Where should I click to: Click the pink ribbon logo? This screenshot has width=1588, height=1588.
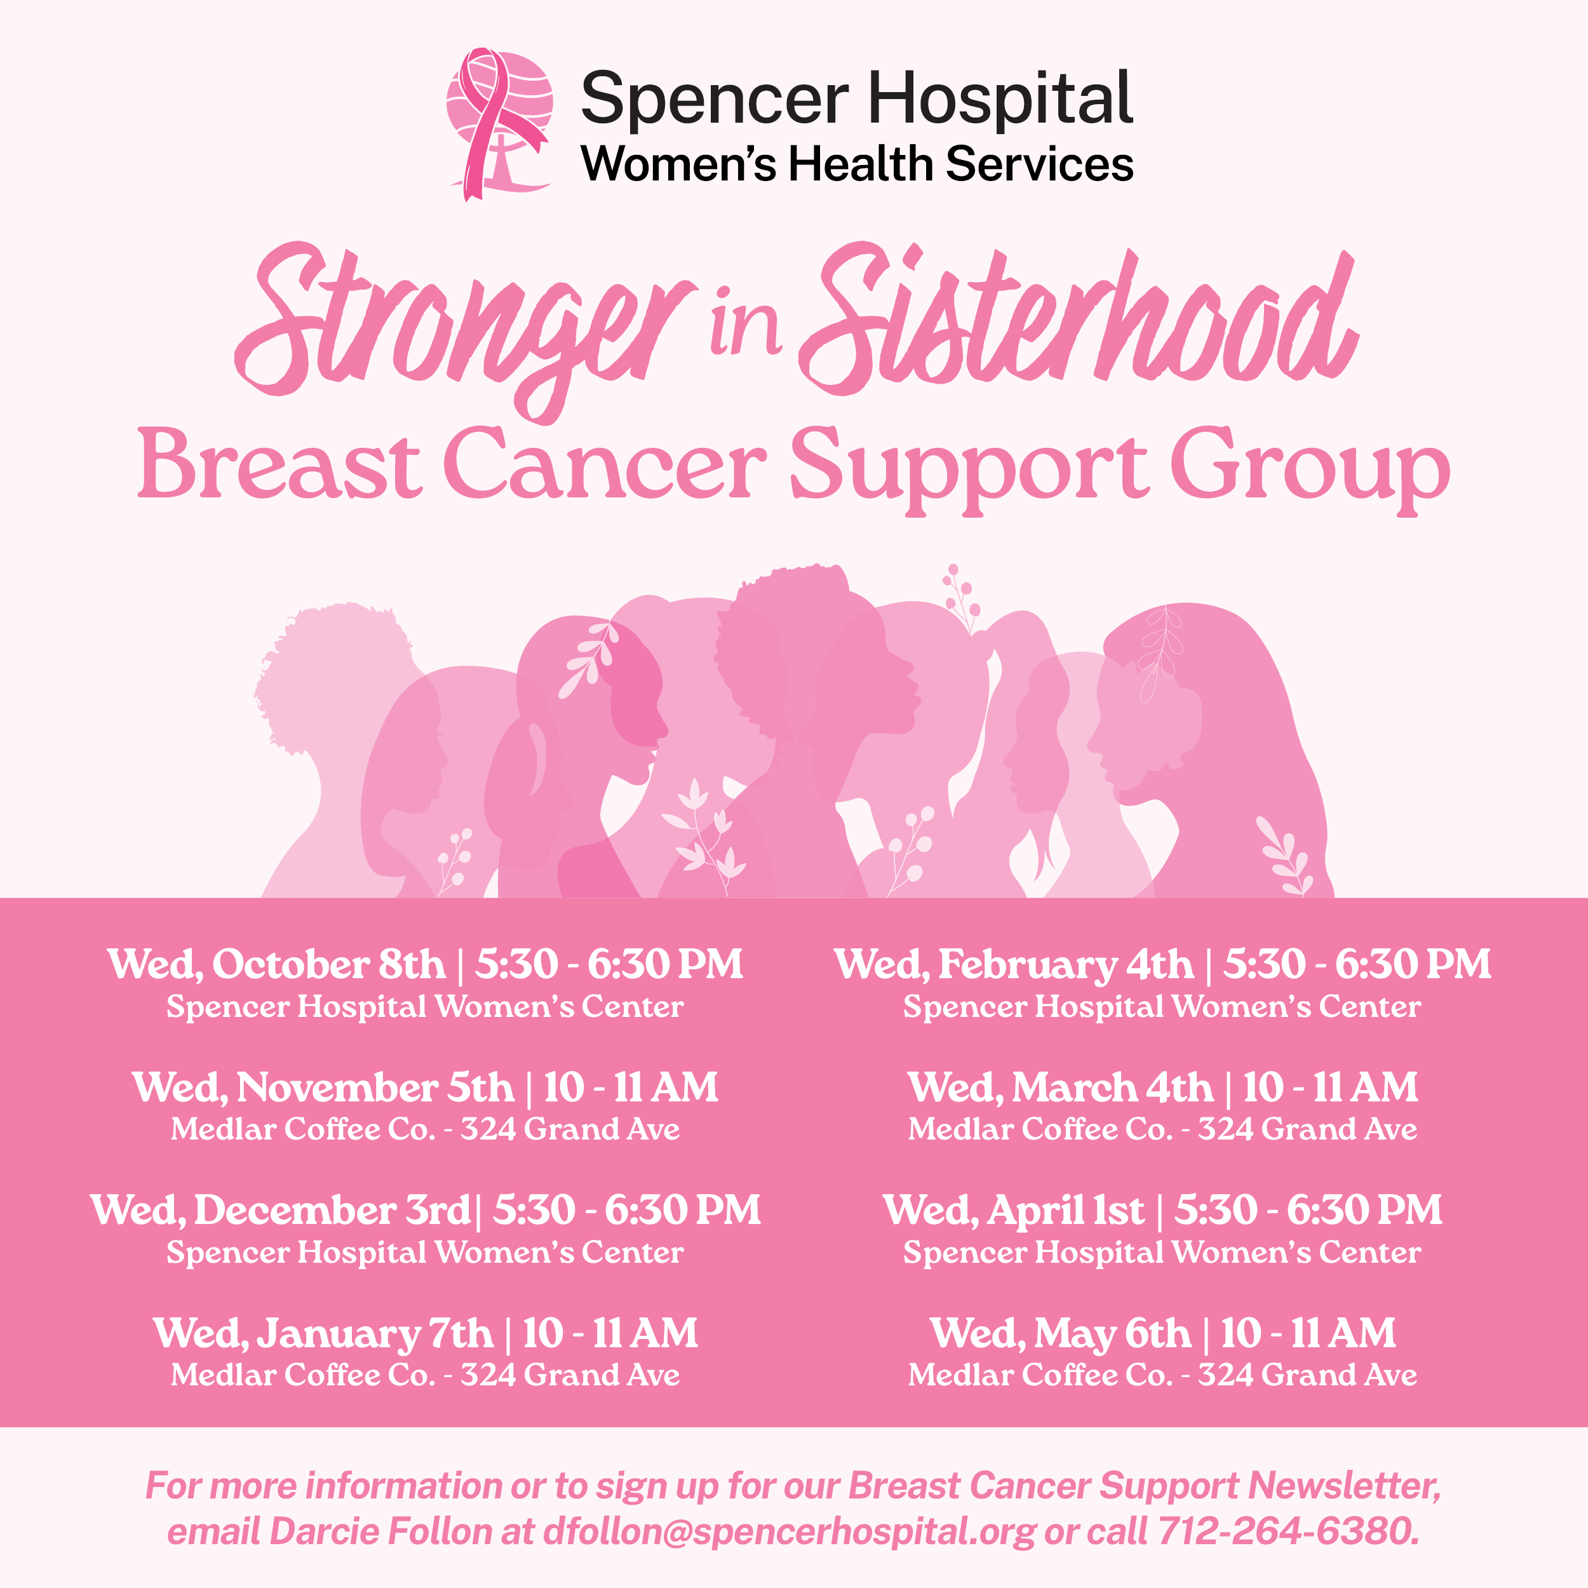(499, 123)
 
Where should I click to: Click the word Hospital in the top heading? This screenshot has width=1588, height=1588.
(1000, 100)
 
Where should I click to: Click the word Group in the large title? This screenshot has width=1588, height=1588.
(1310, 471)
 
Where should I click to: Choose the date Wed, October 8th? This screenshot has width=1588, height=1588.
(276, 965)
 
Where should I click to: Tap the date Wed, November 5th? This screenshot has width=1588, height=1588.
(323, 1087)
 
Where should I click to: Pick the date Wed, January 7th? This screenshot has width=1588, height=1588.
(323, 1334)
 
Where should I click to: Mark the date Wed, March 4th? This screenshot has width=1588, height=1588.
(1060, 1087)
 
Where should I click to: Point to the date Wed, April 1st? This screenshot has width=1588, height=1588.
(1013, 1211)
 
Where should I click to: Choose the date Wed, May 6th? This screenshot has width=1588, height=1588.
(1060, 1334)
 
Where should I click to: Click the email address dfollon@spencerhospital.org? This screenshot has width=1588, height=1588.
(790, 1531)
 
